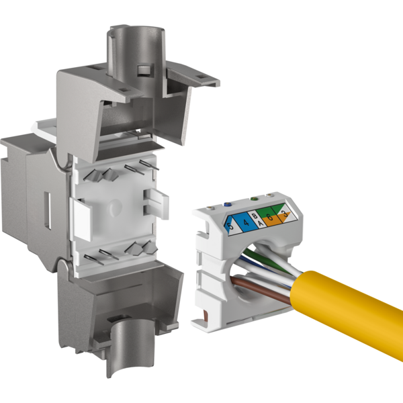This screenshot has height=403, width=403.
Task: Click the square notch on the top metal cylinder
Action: [x=142, y=70]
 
